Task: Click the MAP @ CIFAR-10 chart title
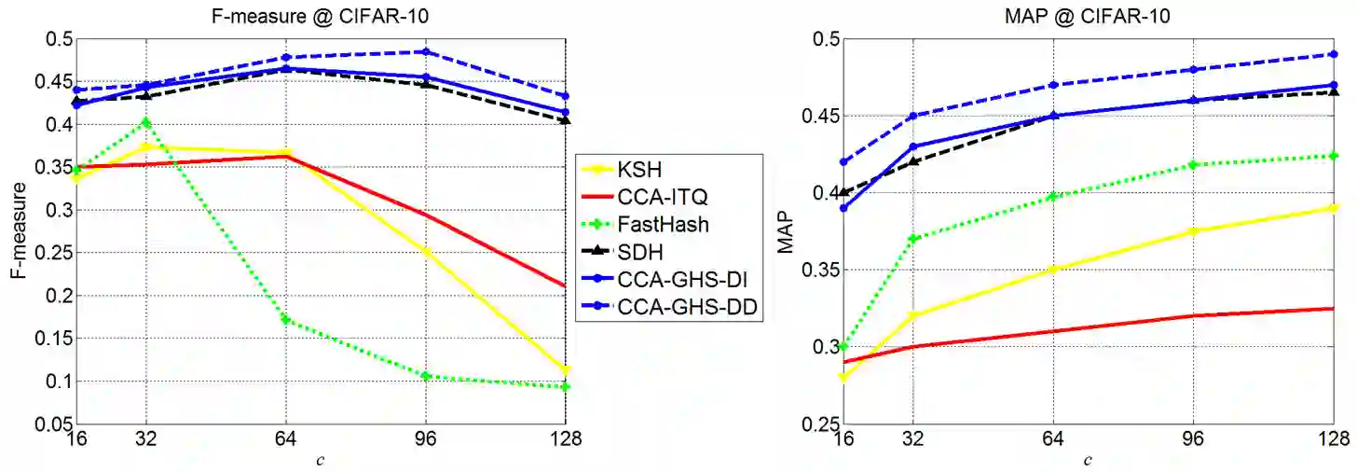(1088, 15)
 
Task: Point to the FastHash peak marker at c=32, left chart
(145, 122)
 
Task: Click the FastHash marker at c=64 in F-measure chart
(286, 320)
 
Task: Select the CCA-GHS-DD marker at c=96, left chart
(426, 52)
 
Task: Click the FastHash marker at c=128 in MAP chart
(1334, 156)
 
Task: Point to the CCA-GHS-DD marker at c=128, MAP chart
(1334, 54)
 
